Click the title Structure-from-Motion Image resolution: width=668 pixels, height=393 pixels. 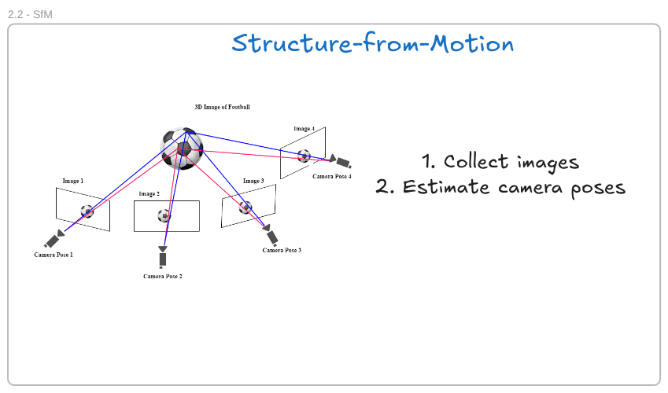click(x=373, y=43)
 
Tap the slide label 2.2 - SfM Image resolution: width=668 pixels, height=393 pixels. click(x=30, y=14)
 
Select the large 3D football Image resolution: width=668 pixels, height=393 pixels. click(x=183, y=149)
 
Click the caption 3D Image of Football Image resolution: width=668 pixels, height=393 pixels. click(x=223, y=107)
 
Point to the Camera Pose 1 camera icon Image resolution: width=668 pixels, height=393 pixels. click(x=54, y=239)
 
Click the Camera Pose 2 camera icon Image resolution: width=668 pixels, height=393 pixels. click(x=162, y=257)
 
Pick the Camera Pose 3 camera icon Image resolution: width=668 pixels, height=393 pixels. click(x=271, y=235)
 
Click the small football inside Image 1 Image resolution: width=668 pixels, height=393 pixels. click(x=87, y=211)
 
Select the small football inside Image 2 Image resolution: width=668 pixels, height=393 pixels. click(x=164, y=215)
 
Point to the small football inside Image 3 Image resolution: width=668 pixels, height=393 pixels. click(x=245, y=208)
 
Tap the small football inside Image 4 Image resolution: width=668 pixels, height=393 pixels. click(x=304, y=156)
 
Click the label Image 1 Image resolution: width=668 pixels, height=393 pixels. click(x=73, y=181)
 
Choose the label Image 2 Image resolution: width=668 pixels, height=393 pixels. click(x=149, y=193)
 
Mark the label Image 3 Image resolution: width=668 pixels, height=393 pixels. click(x=253, y=181)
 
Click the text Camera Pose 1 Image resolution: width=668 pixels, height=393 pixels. click(x=54, y=255)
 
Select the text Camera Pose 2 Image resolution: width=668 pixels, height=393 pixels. click(x=163, y=277)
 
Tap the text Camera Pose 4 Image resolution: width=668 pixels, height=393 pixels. click(x=332, y=176)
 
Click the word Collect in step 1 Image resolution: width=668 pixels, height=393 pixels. click(x=476, y=161)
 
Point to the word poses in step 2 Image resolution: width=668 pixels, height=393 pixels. click(x=598, y=188)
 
